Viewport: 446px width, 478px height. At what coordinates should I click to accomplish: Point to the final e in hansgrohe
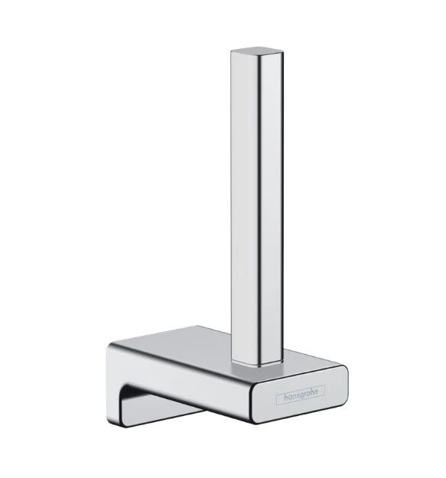pos(321,392)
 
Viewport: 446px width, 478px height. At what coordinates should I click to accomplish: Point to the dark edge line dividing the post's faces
pos(258,206)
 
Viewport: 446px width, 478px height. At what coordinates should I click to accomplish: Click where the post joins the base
pos(256,359)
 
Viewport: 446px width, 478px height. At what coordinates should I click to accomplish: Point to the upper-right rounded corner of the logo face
pos(343,370)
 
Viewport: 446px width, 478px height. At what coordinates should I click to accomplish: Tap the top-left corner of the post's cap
pos(233,52)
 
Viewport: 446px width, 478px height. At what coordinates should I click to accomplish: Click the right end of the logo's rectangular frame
pos(326,392)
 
